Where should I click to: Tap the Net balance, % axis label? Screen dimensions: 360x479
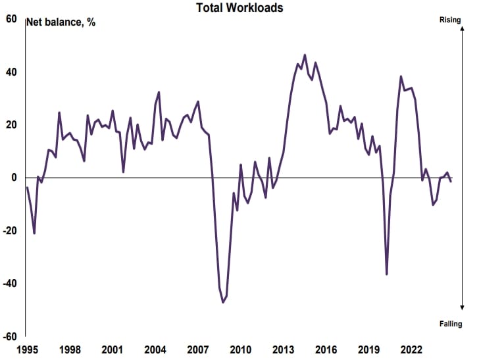[x=61, y=22]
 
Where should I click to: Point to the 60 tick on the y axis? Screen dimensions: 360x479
[x=11, y=18]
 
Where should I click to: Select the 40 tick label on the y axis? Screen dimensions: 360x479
[x=11, y=72]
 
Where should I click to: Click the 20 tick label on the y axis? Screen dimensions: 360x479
[x=11, y=125]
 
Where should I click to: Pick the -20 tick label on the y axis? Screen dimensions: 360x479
[x=9, y=231]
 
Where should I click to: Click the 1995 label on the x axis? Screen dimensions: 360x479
[x=27, y=349]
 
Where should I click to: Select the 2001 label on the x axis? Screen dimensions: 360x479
[x=112, y=349]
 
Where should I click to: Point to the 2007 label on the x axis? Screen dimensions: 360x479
[x=197, y=349]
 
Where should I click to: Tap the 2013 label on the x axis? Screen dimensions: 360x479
[x=283, y=349]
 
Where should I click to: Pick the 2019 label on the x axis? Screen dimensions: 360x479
[x=368, y=349]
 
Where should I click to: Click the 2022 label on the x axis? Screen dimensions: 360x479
[x=411, y=349]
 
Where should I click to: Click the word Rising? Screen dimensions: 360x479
[x=450, y=20]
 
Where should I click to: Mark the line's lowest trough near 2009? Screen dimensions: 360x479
[x=223, y=302]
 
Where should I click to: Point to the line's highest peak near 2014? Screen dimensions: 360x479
[x=305, y=55]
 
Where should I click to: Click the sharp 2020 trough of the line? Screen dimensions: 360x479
[x=387, y=274]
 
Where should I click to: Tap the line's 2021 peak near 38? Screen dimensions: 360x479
[x=401, y=76]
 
